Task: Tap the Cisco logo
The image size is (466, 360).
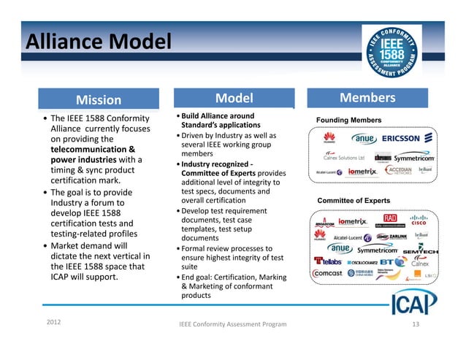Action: click(418, 221)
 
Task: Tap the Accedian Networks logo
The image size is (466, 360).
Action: click(399, 172)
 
